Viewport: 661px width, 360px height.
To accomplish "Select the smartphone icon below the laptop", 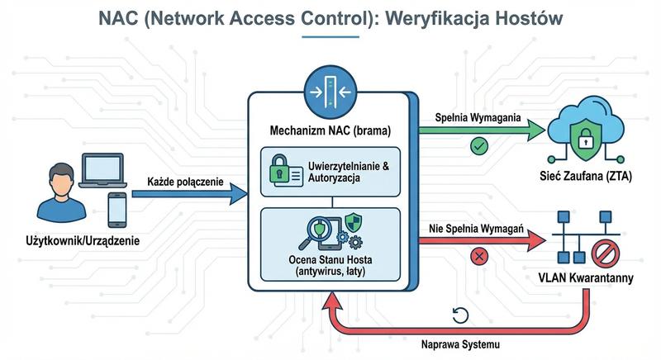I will [118, 208].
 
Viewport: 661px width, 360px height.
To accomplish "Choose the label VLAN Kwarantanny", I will [592, 278].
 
